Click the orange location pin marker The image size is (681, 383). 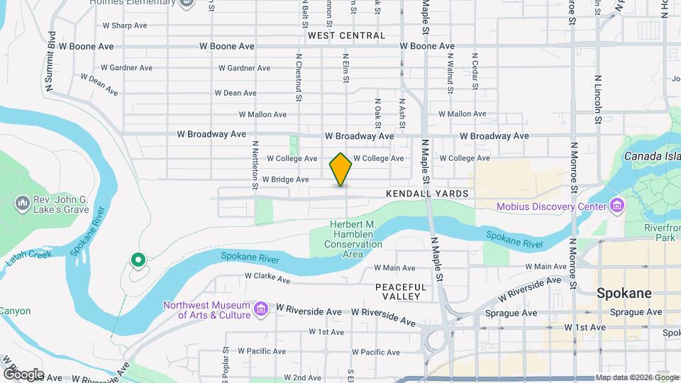340,170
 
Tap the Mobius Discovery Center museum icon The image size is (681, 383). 617,206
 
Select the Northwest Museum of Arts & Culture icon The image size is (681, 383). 261,309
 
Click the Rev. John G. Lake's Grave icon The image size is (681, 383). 21,204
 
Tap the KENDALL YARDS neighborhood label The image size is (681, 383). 427,194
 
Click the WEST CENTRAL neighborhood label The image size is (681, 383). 347,35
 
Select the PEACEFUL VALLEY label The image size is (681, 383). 402,292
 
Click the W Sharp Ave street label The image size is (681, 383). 124,26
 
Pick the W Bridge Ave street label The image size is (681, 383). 285,179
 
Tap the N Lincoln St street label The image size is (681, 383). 598,99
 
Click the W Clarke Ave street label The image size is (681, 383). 267,279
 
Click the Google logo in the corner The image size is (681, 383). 23,374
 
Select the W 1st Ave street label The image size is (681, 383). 585,328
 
